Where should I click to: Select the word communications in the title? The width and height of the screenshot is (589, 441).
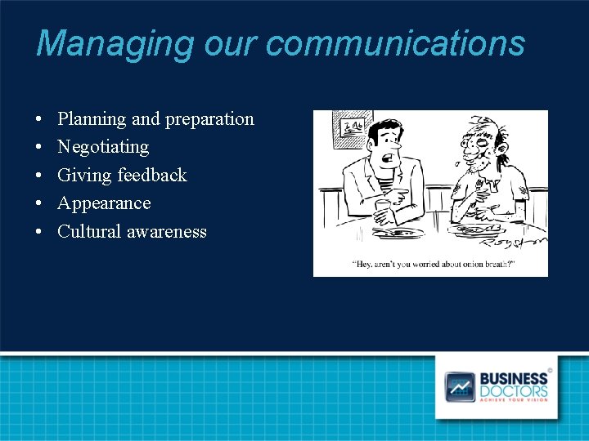click(396, 43)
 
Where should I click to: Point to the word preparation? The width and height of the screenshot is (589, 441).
click(209, 119)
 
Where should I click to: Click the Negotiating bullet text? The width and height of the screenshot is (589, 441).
click(103, 147)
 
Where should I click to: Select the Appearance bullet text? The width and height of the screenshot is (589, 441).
click(104, 203)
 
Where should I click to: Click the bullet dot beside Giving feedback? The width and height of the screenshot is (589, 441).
click(39, 176)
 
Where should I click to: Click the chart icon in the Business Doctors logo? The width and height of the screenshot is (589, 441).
click(460, 386)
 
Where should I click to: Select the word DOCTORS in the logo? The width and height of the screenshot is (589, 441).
click(514, 390)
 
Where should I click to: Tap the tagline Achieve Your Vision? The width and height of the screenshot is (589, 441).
click(514, 401)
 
